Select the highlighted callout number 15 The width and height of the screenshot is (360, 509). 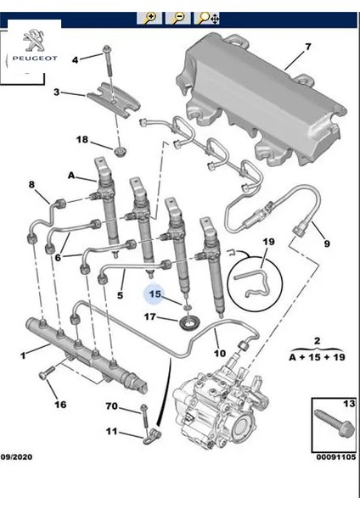pyautogui.click(x=155, y=294)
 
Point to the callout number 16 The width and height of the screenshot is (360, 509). pyautogui.click(x=60, y=405)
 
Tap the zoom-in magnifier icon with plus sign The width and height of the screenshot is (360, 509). pyautogui.click(x=149, y=17)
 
